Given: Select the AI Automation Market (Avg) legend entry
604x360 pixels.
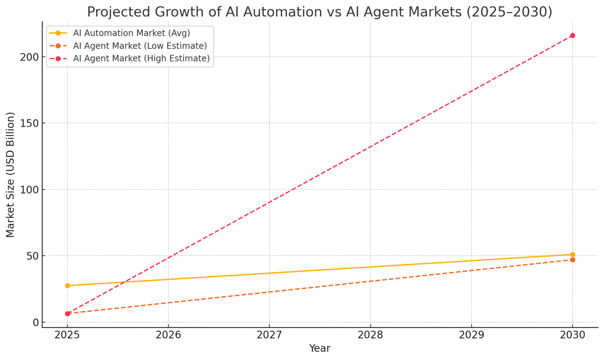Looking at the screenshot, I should click(131, 33).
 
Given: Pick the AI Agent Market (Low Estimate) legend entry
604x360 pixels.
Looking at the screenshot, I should click(140, 46).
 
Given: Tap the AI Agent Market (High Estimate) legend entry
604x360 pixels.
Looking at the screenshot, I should click(141, 59).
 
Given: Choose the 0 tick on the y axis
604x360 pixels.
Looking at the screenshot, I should click(35, 323).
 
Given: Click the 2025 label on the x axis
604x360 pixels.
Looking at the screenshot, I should click(67, 335).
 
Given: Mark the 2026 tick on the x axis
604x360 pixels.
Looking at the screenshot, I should click(168, 335).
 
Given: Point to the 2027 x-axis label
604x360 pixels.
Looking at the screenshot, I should click(269, 335).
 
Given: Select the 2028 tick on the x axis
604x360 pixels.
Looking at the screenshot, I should click(370, 335).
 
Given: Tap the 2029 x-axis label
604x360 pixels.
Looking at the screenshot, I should click(471, 335).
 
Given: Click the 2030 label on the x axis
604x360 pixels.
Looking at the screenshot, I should click(573, 335).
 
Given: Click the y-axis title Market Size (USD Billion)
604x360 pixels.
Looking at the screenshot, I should click(10, 175).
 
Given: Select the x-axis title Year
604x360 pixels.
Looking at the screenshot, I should click(320, 349).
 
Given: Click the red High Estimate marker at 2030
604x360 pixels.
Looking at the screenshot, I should click(573, 36).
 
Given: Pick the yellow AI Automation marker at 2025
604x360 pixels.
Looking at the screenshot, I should click(67, 286).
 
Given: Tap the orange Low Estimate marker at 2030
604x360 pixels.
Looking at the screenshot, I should click(573, 260).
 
